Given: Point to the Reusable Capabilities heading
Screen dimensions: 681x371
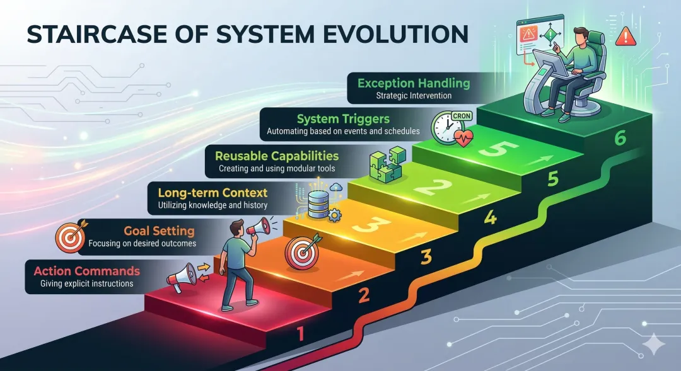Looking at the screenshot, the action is click(x=277, y=156).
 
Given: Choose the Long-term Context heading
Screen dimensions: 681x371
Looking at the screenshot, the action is click(x=212, y=192).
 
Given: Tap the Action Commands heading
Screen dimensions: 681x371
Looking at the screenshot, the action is click(x=86, y=271).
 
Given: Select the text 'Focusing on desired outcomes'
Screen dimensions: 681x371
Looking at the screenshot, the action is click(x=143, y=243).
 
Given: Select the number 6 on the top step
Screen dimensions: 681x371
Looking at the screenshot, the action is click(x=620, y=139).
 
